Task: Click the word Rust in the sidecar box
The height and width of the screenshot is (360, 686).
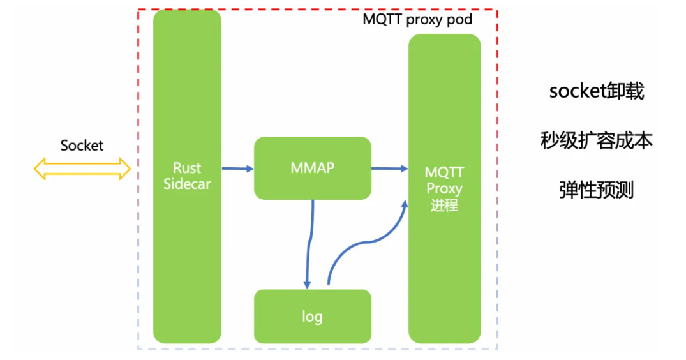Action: click(187, 169)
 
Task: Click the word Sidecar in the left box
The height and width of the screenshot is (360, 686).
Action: click(187, 185)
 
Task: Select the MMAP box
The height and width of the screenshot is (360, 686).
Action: click(312, 167)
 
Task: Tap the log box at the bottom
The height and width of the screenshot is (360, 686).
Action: click(312, 317)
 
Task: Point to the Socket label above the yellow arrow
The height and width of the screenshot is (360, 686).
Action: click(82, 146)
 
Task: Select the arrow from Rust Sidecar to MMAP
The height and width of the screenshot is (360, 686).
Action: click(237, 169)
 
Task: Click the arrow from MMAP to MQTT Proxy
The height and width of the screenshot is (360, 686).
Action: click(389, 169)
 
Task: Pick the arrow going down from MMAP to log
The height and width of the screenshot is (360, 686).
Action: click(309, 243)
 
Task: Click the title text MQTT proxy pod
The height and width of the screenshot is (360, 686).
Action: click(417, 19)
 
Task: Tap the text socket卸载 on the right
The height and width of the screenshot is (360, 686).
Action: click(596, 92)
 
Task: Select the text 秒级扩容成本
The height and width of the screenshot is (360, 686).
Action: click(596, 141)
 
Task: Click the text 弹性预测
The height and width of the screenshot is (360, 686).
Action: click(596, 190)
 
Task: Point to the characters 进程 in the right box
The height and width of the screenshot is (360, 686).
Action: click(444, 206)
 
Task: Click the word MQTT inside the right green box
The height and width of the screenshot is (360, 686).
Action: click(444, 173)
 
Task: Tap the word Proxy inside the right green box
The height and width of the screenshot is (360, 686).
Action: click(444, 189)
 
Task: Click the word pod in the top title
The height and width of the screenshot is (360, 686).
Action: click(460, 19)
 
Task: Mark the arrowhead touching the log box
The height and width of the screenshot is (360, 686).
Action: click(308, 283)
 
